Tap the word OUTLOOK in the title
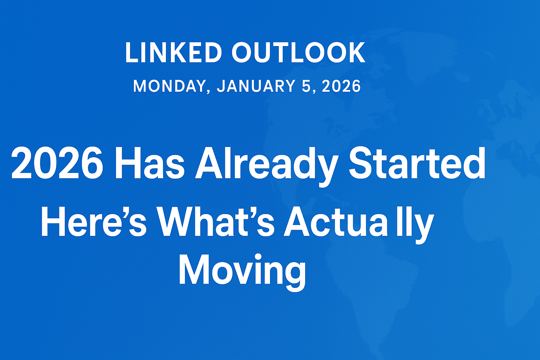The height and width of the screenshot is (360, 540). pos(298,53)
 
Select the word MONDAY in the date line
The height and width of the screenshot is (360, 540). pos(169,86)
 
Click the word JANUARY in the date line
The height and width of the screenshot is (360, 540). pos(256,86)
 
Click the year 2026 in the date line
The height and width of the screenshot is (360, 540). pos(341,86)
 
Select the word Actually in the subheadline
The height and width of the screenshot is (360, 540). pos(359,223)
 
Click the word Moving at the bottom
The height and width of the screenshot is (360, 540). pos(242,270)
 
